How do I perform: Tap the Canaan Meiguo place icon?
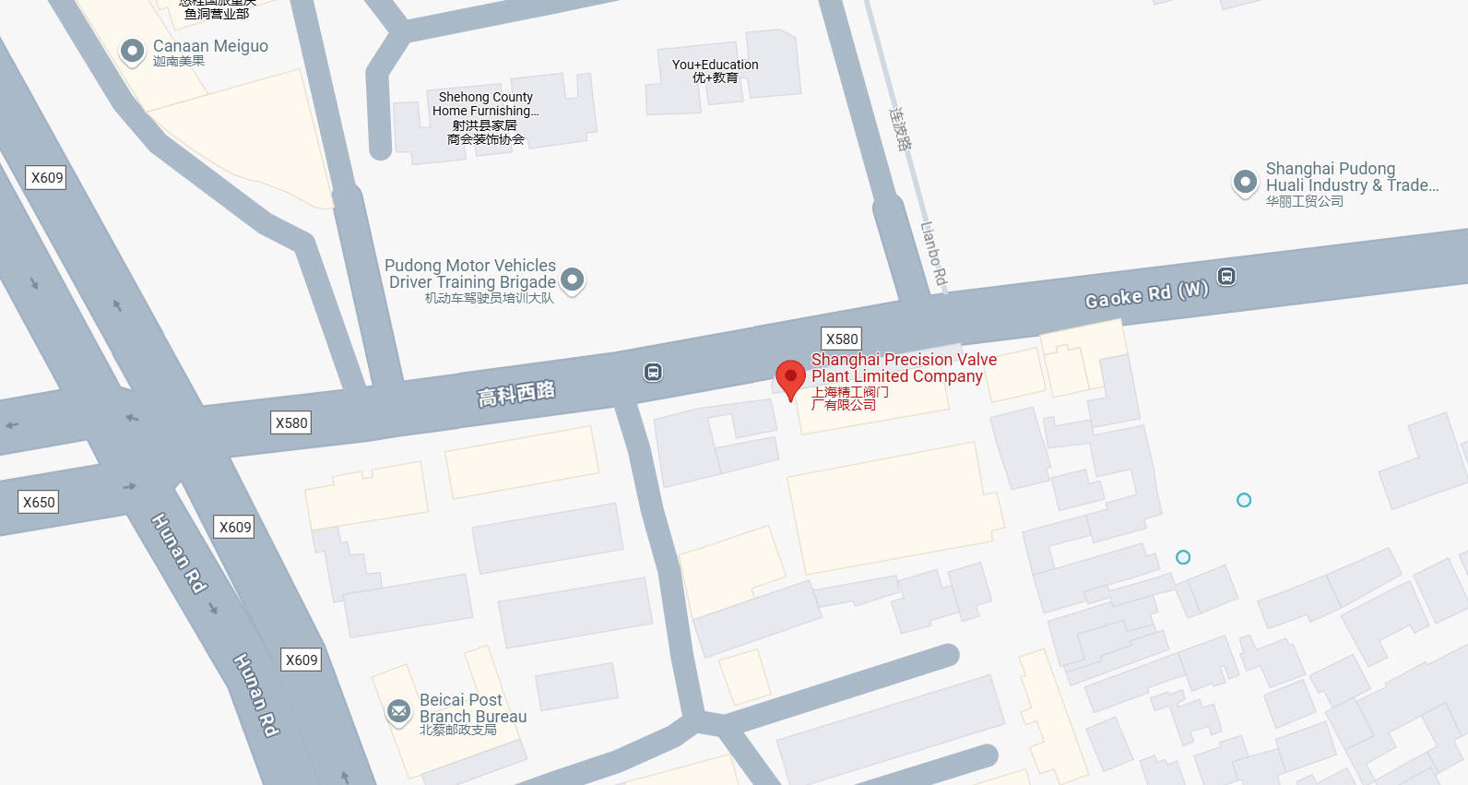tap(133, 50)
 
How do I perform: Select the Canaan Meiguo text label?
tap(210, 46)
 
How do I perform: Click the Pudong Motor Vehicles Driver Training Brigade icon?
tap(573, 279)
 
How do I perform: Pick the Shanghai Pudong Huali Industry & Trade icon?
tap(1245, 182)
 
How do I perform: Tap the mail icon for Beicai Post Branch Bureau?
tap(399, 711)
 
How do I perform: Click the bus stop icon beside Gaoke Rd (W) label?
tap(1226, 276)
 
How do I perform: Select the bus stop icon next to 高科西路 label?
tap(653, 373)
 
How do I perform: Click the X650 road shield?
tap(39, 502)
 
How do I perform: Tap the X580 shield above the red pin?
tap(841, 339)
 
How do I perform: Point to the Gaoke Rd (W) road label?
tap(1146, 294)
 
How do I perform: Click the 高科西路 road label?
tap(516, 393)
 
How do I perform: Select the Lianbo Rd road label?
tap(934, 253)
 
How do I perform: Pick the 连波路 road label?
tap(901, 128)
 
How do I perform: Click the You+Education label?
tap(715, 65)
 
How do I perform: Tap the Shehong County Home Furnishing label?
tap(485, 103)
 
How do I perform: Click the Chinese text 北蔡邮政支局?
tap(458, 730)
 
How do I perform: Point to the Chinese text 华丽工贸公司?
tap(1304, 201)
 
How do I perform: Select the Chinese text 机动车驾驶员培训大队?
tap(489, 298)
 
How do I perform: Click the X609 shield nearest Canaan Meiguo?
tap(47, 177)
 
